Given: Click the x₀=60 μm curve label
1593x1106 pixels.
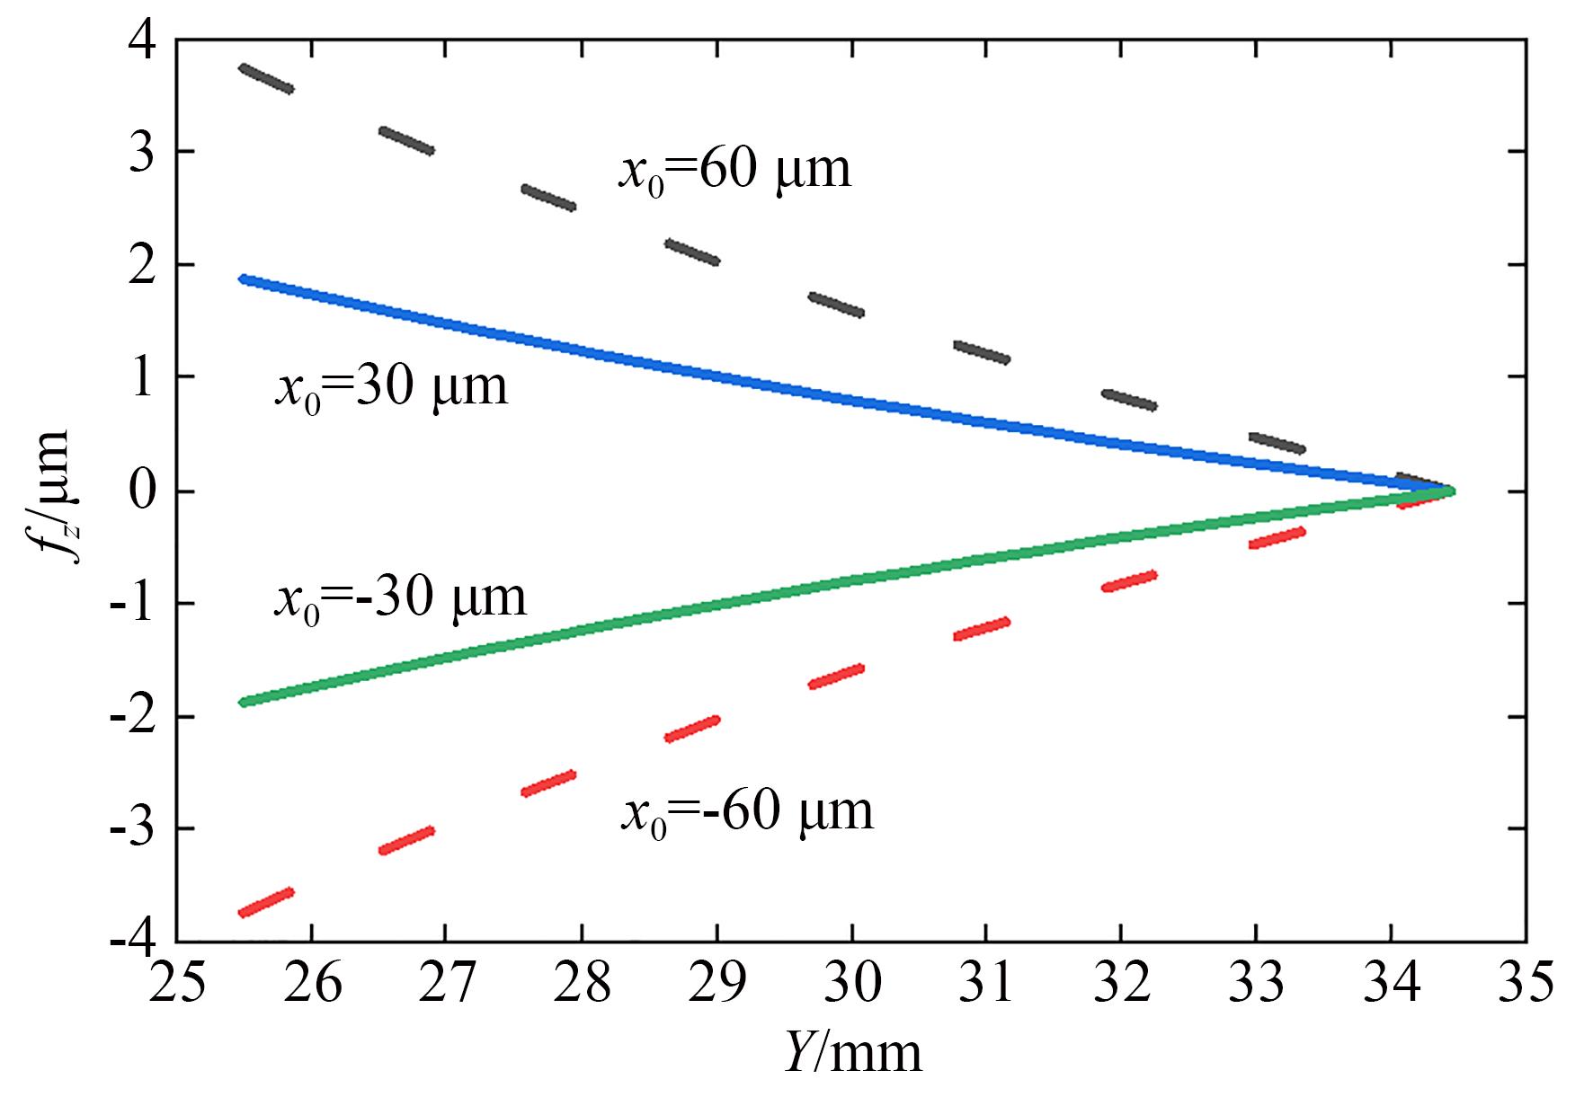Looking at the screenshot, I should tap(734, 170).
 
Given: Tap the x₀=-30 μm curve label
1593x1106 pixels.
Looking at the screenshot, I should tap(400, 598).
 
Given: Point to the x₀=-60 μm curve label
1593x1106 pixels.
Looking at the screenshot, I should tap(746, 812).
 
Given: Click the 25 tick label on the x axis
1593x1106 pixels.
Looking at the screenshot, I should tap(176, 984).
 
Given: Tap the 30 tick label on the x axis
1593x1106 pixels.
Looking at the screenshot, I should tap(852, 984).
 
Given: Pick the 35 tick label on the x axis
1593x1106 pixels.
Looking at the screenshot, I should tap(1526, 984).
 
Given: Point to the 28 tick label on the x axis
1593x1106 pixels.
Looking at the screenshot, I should tap(582, 984).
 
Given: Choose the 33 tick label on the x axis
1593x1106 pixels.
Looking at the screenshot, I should tap(1257, 984).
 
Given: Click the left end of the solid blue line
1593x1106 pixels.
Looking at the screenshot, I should tap(243, 279).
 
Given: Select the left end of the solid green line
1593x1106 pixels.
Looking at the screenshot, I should tap(243, 703).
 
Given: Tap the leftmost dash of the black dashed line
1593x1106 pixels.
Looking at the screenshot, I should tap(266, 78).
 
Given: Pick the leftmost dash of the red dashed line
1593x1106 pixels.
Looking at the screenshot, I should tap(266, 903).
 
